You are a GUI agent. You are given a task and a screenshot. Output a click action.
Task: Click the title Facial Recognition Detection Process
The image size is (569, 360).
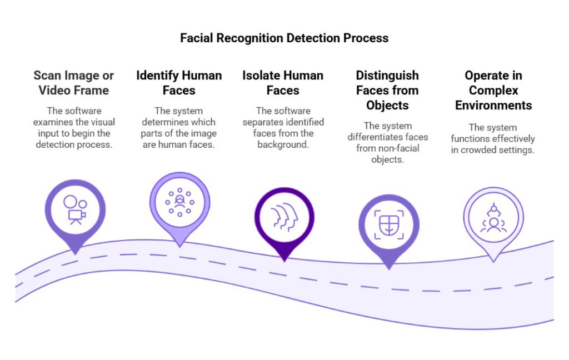[x=284, y=38]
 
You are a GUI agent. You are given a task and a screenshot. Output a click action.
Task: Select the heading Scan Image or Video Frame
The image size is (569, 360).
[x=73, y=83]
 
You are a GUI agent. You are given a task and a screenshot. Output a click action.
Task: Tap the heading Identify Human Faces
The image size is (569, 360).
[x=179, y=83]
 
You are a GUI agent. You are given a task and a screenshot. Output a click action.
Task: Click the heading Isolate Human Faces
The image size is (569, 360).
[x=283, y=83]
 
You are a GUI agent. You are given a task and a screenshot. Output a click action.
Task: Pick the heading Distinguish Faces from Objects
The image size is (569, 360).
[x=387, y=90]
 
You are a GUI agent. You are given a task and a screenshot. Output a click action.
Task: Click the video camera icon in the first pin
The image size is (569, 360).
[x=74, y=209]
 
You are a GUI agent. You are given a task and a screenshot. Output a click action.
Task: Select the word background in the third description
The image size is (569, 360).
[x=283, y=144]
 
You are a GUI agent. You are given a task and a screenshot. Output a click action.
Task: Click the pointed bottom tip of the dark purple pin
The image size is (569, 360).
[x=284, y=260]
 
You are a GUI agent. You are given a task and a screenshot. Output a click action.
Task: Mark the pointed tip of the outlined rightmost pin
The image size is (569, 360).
[x=493, y=261]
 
